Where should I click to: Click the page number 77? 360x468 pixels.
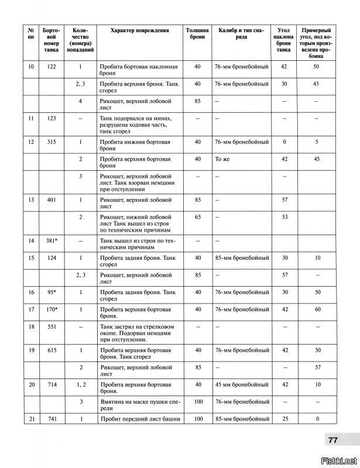(x=332, y=441)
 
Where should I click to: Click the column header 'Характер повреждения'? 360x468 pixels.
(x=135, y=30)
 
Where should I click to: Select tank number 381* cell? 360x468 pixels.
(x=50, y=240)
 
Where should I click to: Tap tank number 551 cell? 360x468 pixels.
(x=50, y=327)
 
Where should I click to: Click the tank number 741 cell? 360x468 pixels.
(x=50, y=419)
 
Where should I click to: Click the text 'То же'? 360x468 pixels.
(x=221, y=159)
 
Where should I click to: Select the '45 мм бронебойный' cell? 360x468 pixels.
(x=241, y=384)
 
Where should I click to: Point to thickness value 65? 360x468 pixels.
(x=197, y=217)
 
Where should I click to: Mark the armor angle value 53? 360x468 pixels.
(x=284, y=217)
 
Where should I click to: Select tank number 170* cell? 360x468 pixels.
(x=50, y=308)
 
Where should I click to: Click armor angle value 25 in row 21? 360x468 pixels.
(x=284, y=419)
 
